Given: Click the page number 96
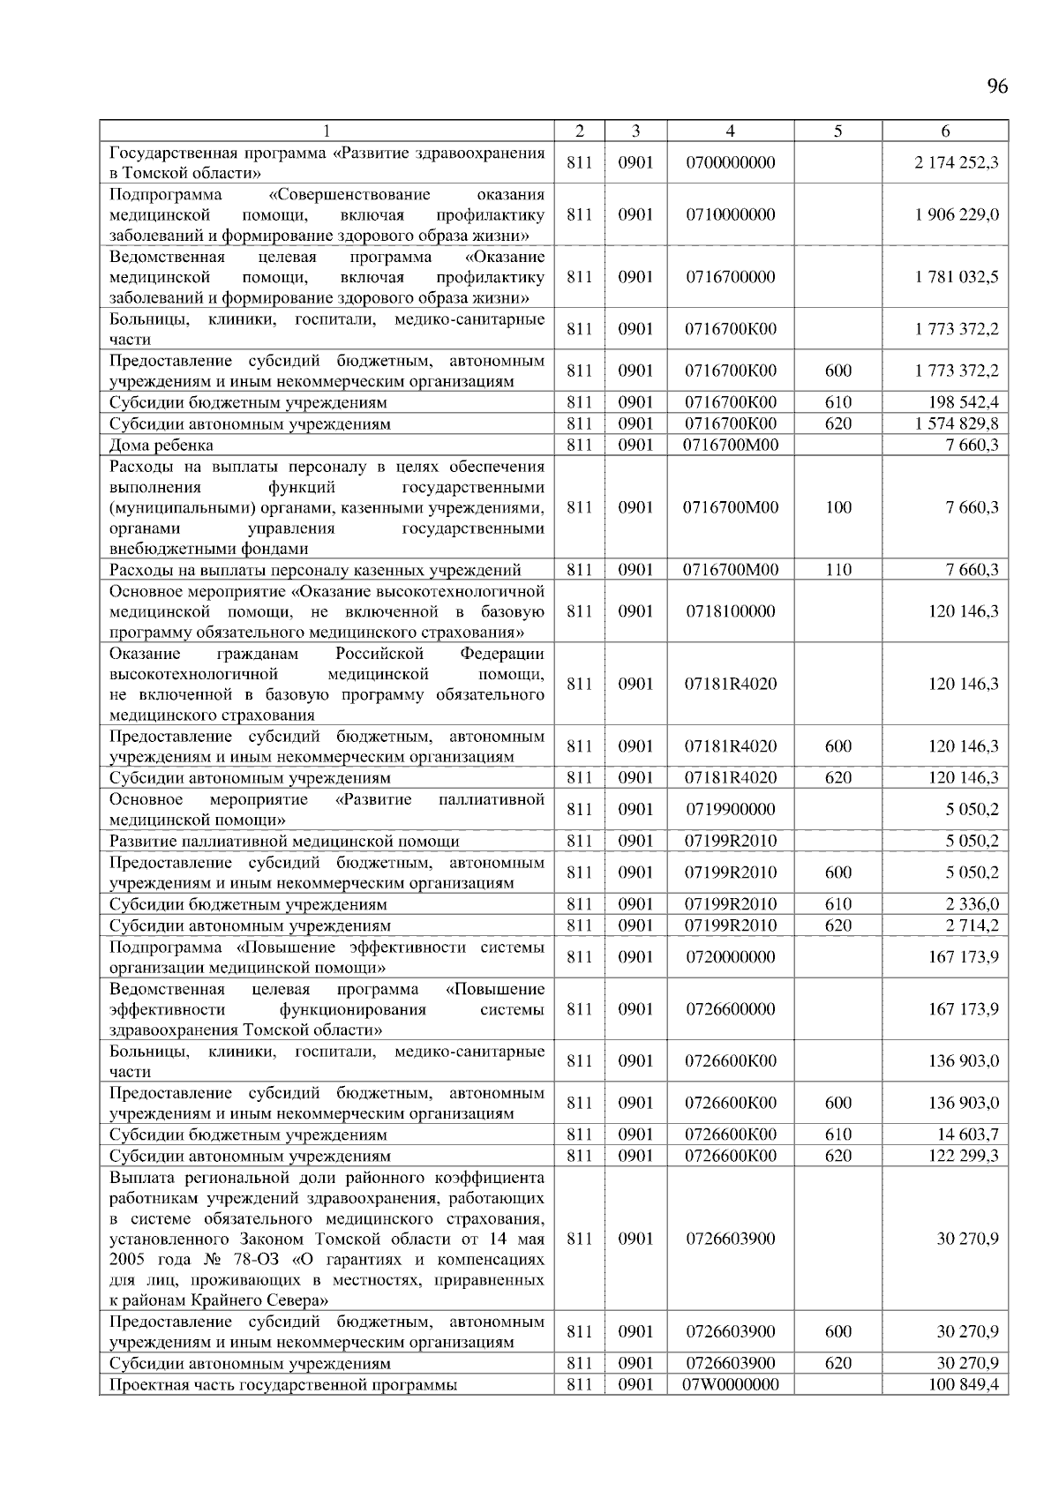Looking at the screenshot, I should (996, 86).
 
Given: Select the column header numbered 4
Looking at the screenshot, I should (730, 131).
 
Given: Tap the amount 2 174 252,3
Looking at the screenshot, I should (957, 162).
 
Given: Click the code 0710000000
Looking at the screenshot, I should (730, 214).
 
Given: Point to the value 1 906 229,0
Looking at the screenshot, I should (957, 214).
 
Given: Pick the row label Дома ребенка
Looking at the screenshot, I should (161, 445).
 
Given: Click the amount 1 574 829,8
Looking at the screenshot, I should (957, 423).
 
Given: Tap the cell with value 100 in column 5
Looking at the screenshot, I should (837, 507).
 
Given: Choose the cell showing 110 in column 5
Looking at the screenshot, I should (837, 570).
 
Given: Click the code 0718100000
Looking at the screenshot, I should (730, 610).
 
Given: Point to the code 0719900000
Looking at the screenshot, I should (730, 809).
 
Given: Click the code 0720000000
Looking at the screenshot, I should (730, 956).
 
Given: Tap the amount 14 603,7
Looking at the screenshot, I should (968, 1135).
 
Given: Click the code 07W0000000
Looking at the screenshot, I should (730, 1384).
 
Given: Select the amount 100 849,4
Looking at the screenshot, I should (964, 1384).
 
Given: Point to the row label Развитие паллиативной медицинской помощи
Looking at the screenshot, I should (284, 841).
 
